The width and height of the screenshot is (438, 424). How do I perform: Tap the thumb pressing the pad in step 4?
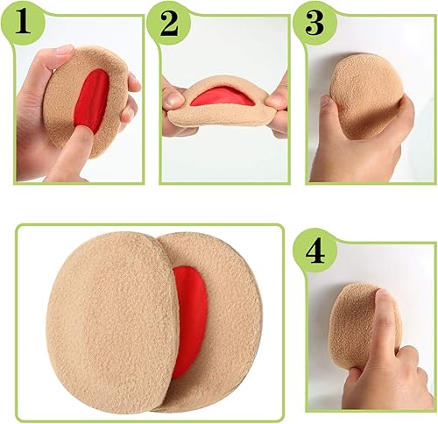tap(385, 320)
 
